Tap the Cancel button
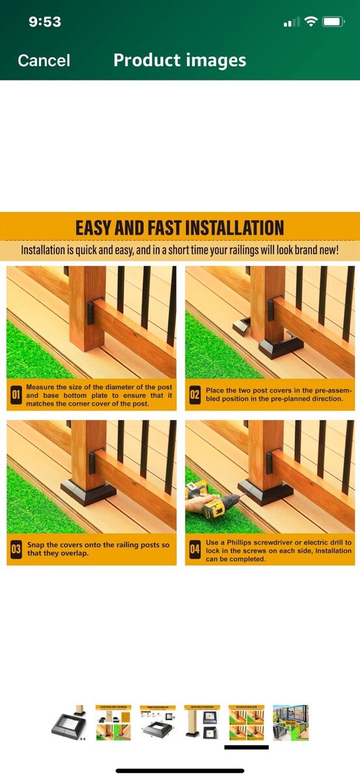click(x=44, y=60)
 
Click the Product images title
click(x=179, y=60)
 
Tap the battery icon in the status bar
click(x=333, y=22)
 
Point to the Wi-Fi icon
click(x=311, y=22)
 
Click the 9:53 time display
click(x=45, y=22)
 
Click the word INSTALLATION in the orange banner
click(x=235, y=228)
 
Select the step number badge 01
click(x=16, y=395)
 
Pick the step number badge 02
click(x=195, y=395)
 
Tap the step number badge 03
click(x=16, y=549)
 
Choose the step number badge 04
click(x=195, y=549)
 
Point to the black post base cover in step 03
click(x=88, y=491)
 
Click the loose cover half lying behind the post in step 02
click(x=242, y=326)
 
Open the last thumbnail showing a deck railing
click(x=290, y=723)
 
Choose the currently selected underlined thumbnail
click(x=246, y=723)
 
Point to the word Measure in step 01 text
click(x=40, y=387)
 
